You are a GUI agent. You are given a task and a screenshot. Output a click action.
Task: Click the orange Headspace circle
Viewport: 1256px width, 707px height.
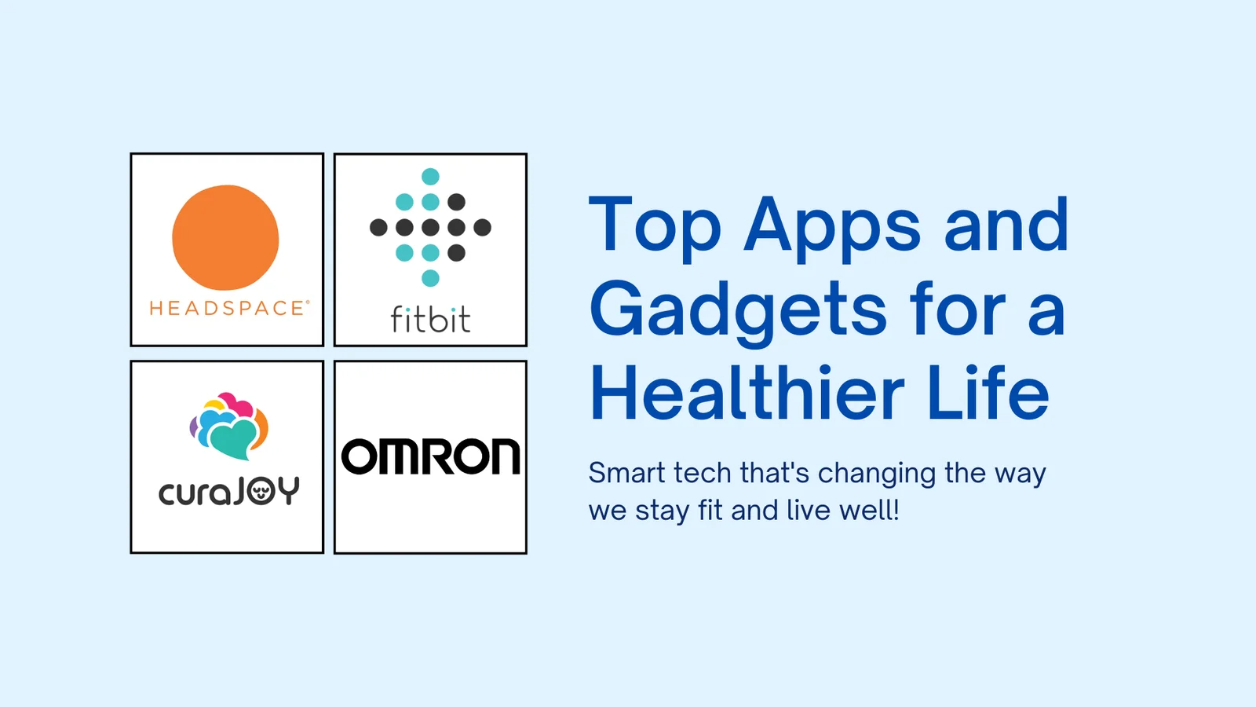tap(225, 237)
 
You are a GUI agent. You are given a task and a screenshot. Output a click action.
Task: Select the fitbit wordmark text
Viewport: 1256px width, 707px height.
tap(431, 319)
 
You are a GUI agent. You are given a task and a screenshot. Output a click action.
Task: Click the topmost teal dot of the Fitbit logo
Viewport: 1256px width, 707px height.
tap(431, 177)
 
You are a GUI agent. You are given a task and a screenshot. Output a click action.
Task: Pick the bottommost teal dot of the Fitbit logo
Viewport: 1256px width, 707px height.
tap(431, 278)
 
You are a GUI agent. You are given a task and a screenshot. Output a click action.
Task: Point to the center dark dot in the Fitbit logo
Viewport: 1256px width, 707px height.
tap(431, 227)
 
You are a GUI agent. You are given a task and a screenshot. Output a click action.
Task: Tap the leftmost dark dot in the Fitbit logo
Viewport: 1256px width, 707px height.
tap(378, 227)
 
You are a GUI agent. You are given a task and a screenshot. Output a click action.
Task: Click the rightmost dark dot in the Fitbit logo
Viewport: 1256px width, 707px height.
tap(482, 227)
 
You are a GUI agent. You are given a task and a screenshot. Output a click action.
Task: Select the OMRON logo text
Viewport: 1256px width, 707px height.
tap(431, 456)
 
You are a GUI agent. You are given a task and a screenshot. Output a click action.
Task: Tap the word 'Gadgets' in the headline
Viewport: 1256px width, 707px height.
tap(738, 312)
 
